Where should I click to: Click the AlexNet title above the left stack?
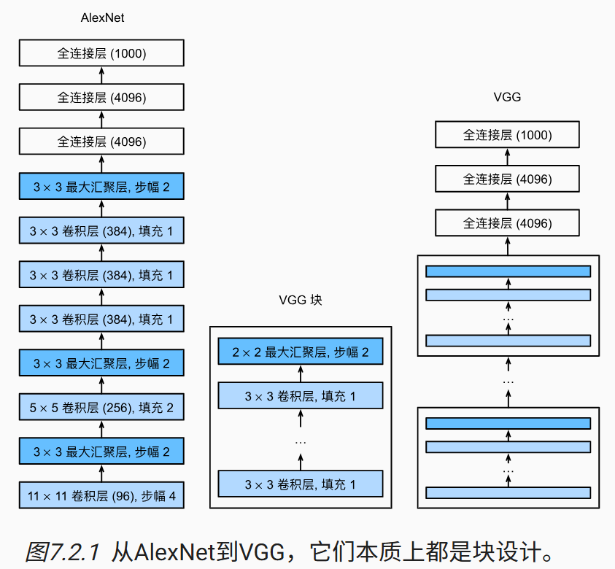point(101,18)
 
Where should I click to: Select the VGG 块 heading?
point(300,300)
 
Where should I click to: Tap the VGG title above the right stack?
point(507,96)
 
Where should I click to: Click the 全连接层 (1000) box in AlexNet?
point(101,53)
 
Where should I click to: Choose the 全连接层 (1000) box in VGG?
point(507,135)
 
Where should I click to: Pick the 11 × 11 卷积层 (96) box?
point(101,496)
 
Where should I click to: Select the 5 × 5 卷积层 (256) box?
point(101,407)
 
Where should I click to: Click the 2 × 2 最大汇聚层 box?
point(300,352)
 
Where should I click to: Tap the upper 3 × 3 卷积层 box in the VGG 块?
point(300,396)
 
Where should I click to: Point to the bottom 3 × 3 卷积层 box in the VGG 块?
point(300,484)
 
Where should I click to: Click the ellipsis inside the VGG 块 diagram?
point(300,441)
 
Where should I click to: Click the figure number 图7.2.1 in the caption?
point(64,551)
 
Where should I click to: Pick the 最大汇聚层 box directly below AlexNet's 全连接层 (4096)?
point(101,187)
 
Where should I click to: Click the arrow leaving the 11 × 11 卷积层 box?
point(101,473)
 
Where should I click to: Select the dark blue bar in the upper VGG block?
point(508,271)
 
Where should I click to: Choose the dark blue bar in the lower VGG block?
point(508,424)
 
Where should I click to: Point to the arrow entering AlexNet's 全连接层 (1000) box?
point(101,74)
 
